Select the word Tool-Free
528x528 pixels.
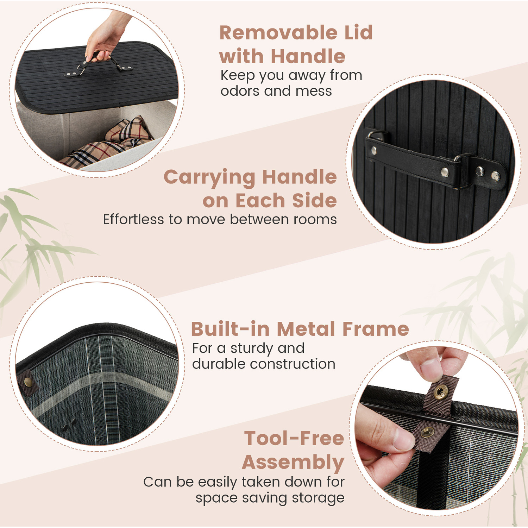[x=294, y=439]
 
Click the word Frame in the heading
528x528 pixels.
[x=376, y=329]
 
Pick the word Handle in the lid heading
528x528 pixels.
[x=308, y=57]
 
